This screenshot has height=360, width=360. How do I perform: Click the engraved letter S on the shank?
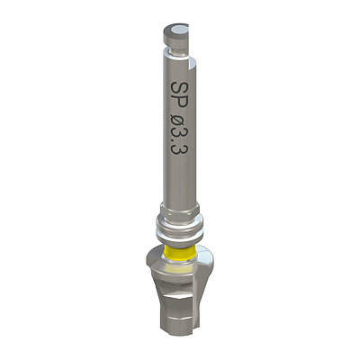(179, 88)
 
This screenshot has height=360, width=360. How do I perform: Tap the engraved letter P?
(179, 103)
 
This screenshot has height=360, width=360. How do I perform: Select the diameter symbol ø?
(179, 122)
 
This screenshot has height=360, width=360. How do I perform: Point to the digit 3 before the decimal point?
(179, 136)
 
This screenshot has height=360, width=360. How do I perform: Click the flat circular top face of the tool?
(176, 30)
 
